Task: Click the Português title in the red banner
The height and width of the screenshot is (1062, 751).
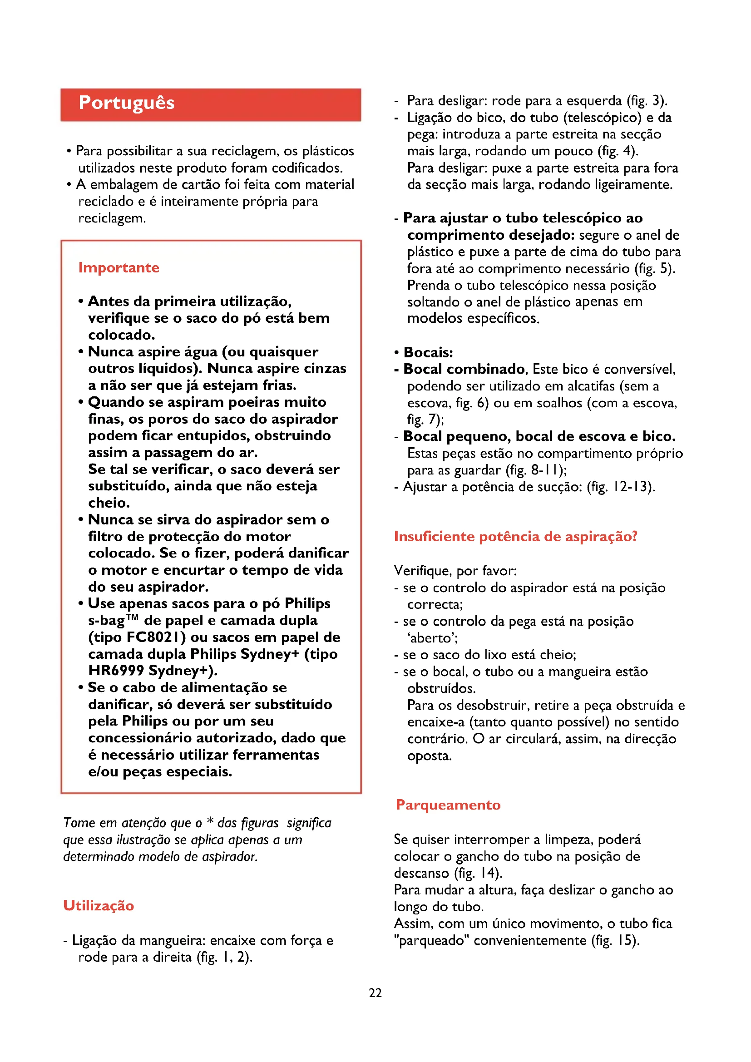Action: pos(126,103)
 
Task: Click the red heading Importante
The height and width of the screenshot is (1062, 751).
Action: pos(119,267)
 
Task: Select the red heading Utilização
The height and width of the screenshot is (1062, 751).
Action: pos(99,905)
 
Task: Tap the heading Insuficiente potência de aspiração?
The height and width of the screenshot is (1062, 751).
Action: pos(515,536)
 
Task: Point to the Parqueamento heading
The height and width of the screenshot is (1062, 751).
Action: pos(448,805)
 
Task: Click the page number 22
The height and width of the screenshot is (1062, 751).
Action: pos(375,993)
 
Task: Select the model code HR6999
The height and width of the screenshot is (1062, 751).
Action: pos(116,671)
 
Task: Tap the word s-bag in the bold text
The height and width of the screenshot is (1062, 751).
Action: pos(106,620)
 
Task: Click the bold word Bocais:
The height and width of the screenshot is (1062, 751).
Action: pos(428,352)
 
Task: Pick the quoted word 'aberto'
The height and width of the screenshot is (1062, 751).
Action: pos(432,638)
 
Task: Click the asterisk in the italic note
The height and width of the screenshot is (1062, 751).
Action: pos(210,821)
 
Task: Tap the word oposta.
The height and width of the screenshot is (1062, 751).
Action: pos(429,756)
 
